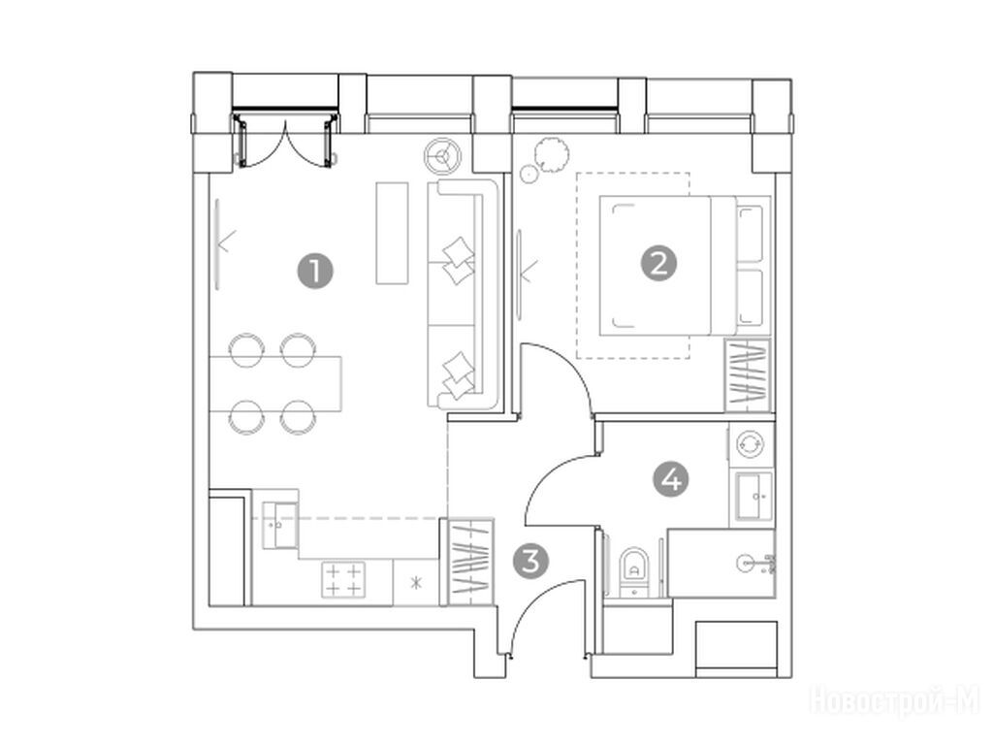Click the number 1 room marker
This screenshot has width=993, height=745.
315,272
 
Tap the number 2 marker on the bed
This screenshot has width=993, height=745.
658,263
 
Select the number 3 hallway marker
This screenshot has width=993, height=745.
530,561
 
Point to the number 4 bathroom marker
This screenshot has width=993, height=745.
671,479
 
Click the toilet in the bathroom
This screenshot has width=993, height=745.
632,568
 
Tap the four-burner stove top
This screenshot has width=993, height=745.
343,580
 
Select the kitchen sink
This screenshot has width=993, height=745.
279,525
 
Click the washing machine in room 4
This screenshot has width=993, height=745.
752,444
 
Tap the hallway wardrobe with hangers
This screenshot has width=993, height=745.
470,561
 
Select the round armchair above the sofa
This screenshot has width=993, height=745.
442,154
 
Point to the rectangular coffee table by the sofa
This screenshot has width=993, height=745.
392,233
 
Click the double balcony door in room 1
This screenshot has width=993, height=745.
286,140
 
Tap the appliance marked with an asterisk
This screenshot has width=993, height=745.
416,583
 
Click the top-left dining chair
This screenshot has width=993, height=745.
246,349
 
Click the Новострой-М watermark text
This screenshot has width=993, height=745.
894,701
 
